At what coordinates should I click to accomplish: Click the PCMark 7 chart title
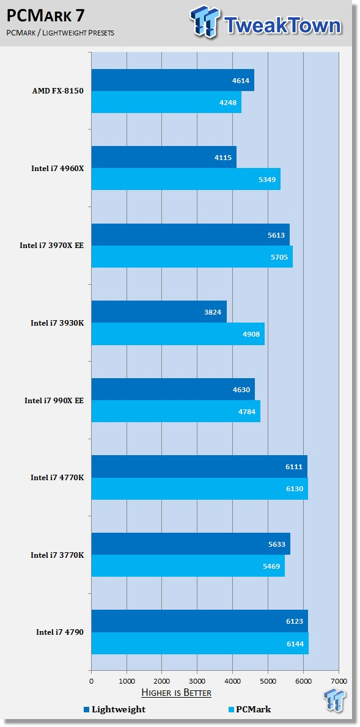(x=46, y=15)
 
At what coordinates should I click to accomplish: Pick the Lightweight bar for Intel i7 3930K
(x=159, y=312)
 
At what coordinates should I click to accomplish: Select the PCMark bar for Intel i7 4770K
(x=199, y=489)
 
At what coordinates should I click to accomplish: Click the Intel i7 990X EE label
(x=54, y=401)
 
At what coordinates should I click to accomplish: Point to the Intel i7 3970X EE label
(x=51, y=246)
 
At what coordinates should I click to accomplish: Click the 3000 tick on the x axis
(x=197, y=681)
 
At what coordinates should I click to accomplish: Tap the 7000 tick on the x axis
(x=339, y=681)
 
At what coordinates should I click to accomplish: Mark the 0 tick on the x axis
(x=92, y=681)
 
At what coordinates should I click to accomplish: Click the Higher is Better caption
(x=176, y=693)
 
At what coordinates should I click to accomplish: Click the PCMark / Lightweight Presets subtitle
(x=61, y=32)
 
